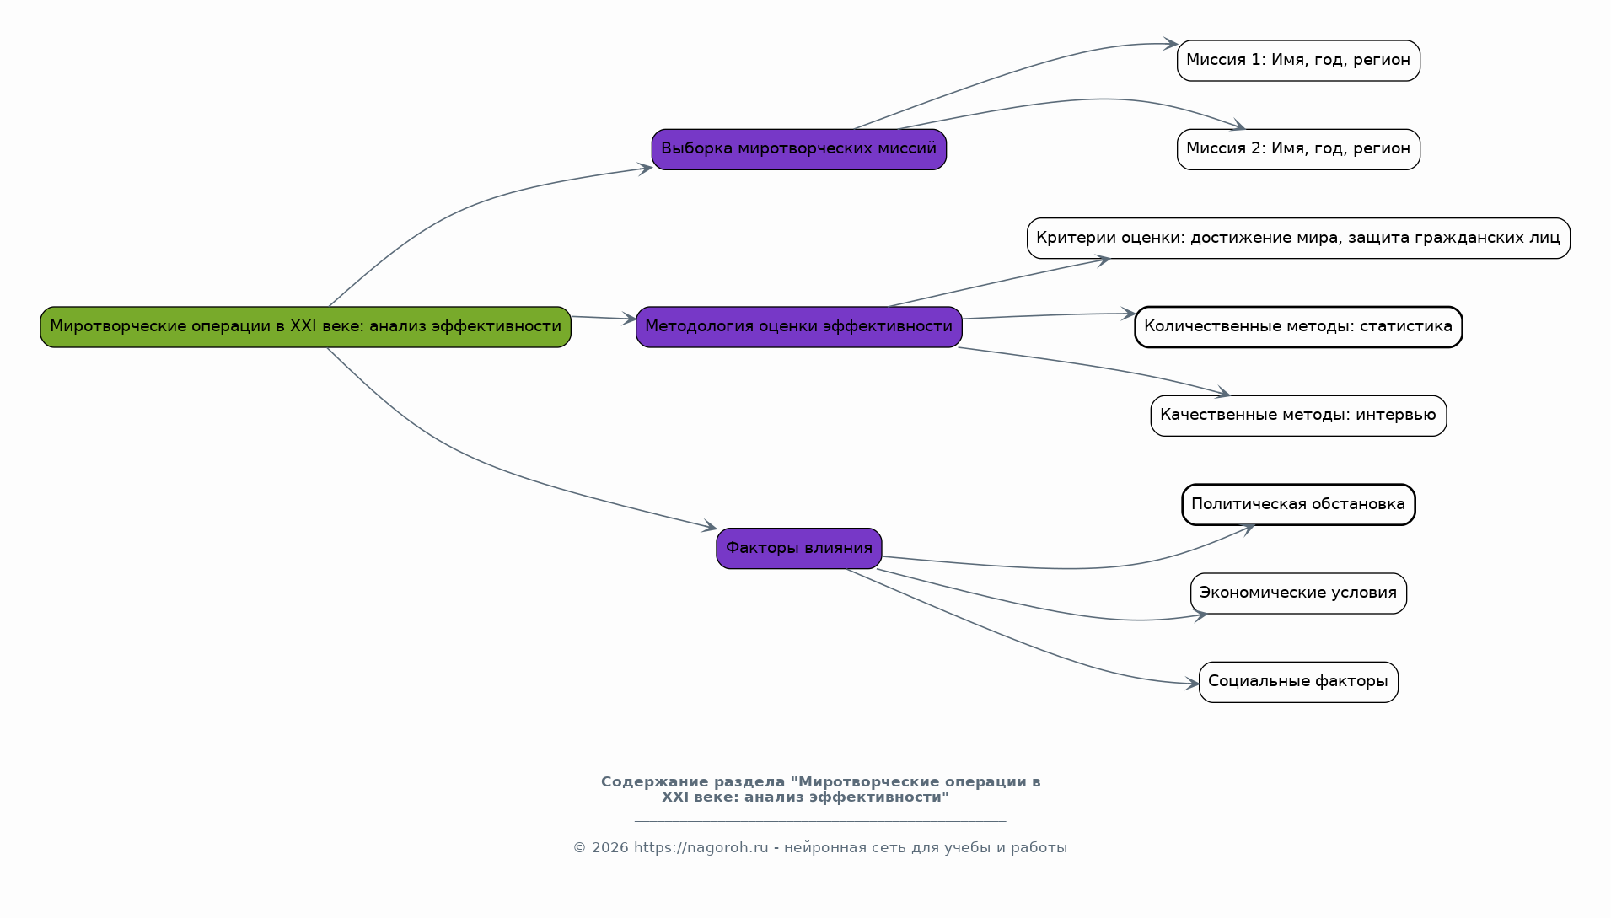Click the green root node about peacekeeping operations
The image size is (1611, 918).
(x=305, y=327)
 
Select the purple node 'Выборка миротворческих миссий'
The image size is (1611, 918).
(x=798, y=149)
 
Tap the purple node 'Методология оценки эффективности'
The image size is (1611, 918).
(x=798, y=327)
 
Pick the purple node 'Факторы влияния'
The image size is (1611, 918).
(x=798, y=549)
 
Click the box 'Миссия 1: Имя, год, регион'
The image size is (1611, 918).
(x=1298, y=61)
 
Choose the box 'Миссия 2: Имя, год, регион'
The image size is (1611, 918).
(x=1298, y=149)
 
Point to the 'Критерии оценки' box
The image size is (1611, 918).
(x=1298, y=239)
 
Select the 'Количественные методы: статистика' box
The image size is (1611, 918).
(x=1298, y=327)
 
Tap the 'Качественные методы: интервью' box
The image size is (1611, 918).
(x=1298, y=416)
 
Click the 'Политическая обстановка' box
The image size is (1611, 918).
(x=1298, y=505)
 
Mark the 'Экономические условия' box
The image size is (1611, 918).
(x=1298, y=593)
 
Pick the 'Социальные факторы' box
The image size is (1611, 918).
(x=1298, y=682)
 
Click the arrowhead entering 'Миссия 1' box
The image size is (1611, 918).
(x=1171, y=43)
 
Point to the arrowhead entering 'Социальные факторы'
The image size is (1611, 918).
(x=1192, y=684)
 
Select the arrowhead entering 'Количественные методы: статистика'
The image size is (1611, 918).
(x=1128, y=314)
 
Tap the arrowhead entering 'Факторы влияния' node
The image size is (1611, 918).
(x=709, y=527)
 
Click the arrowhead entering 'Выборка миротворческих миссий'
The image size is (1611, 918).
(x=645, y=169)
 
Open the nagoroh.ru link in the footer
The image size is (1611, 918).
(x=701, y=848)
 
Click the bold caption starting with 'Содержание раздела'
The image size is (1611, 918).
(x=820, y=790)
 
